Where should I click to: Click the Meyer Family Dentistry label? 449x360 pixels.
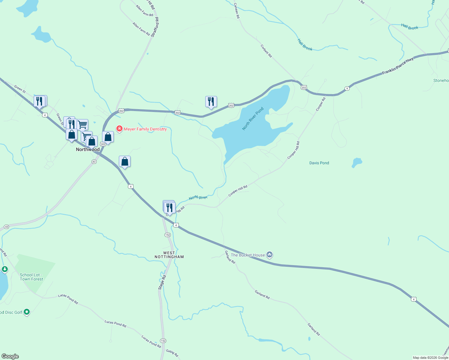point(145,129)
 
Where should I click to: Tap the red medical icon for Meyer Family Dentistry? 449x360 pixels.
point(119,129)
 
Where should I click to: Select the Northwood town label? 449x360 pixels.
point(88,149)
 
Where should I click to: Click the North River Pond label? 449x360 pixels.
point(253,118)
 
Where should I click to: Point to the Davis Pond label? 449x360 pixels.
point(319,163)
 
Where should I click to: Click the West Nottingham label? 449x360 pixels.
point(169,255)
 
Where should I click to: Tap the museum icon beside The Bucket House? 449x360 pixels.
point(270,255)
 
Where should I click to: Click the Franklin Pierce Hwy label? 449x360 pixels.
point(398,66)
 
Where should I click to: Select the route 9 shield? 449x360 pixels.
point(347,88)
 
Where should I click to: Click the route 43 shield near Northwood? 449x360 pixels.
point(94,162)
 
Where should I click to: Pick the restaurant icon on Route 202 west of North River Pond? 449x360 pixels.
point(211,102)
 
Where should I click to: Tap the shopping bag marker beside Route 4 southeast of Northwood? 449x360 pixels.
point(125,162)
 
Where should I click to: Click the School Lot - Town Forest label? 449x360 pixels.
point(32,277)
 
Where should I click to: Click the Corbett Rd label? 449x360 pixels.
point(266,51)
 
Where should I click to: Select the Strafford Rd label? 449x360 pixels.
point(155,27)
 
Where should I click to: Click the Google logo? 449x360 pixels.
point(10,356)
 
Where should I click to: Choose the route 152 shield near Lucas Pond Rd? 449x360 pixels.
point(163,341)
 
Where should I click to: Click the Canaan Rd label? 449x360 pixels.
point(237,11)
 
